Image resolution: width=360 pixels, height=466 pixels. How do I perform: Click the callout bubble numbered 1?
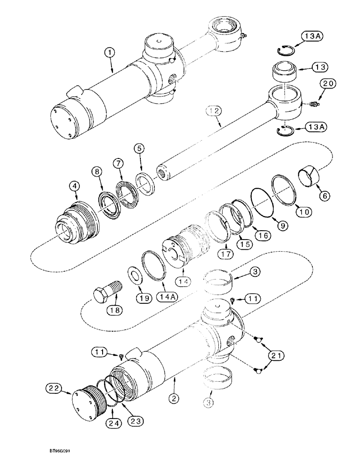tap(110, 54)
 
